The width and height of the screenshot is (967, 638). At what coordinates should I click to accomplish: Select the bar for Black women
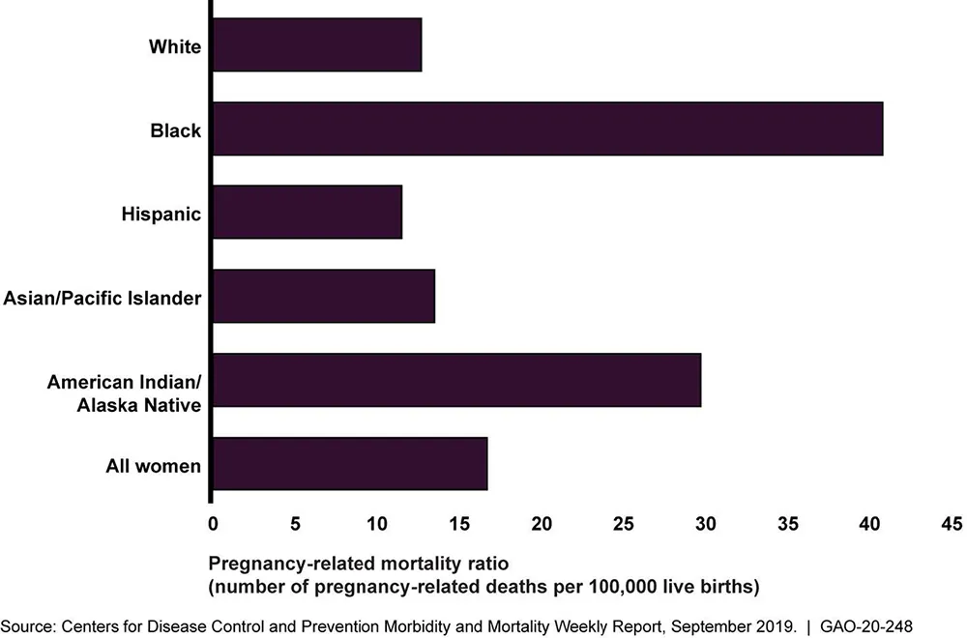tap(547, 129)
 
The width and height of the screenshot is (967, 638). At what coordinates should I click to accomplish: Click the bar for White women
tap(317, 44)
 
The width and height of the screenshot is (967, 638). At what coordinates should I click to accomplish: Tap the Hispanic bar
tap(307, 213)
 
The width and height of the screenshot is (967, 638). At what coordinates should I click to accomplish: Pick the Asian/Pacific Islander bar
tap(323, 296)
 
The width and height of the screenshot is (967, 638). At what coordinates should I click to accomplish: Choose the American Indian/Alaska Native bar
tap(456, 380)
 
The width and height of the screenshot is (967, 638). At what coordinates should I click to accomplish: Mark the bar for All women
tap(349, 464)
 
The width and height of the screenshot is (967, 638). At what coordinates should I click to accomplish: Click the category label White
tap(175, 45)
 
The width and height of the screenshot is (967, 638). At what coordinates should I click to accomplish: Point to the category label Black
tap(176, 130)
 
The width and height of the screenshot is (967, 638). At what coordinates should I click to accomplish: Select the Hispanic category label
tap(162, 214)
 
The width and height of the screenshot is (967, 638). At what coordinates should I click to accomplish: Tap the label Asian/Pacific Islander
tap(103, 298)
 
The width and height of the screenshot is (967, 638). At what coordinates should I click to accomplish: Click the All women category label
tap(154, 466)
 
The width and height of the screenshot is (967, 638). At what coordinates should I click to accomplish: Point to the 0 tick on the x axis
tap(213, 524)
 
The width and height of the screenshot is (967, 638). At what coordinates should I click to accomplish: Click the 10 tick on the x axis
tap(376, 524)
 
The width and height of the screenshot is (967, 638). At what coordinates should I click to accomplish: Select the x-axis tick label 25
tap(623, 524)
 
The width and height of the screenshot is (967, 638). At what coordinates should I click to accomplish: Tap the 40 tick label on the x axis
tap(869, 524)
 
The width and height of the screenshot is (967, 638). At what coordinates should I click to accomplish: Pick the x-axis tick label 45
tap(952, 524)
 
